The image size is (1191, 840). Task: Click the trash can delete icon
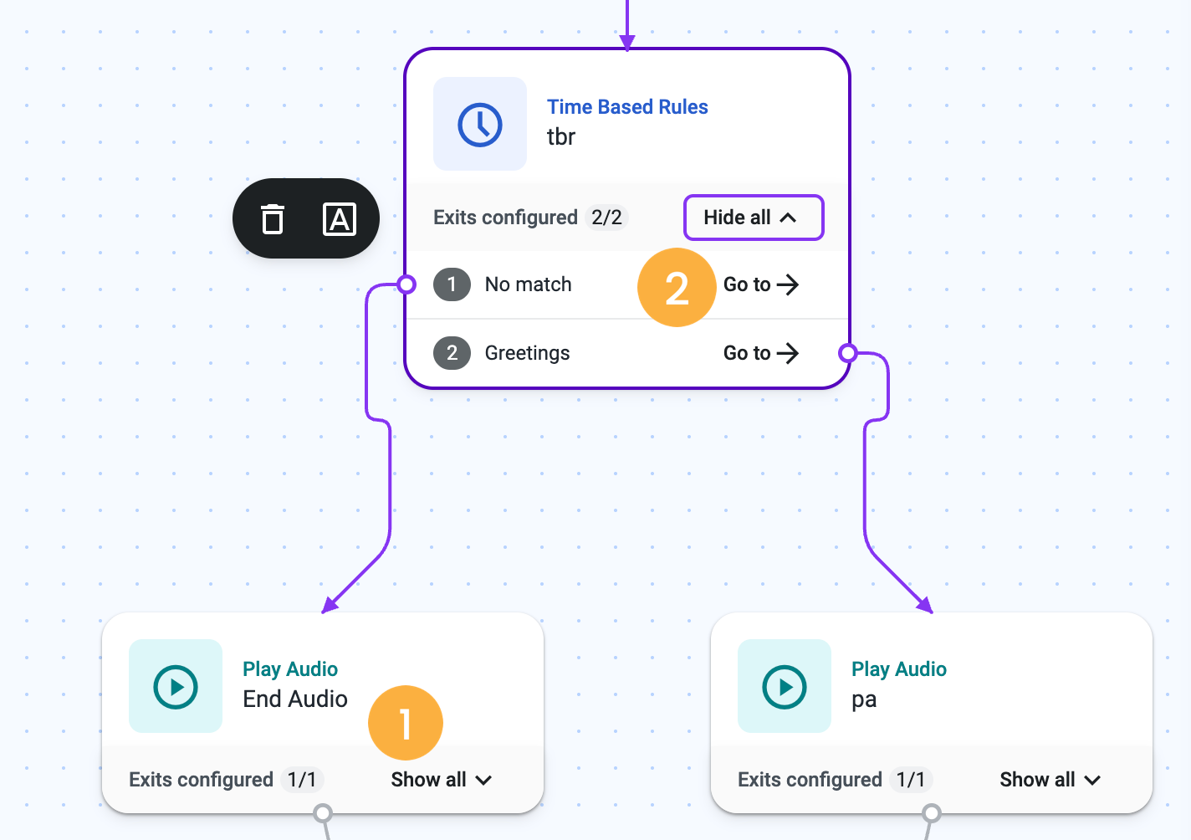pyautogui.click(x=273, y=218)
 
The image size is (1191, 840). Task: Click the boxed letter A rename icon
pyautogui.click(x=340, y=218)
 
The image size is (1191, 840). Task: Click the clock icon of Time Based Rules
pyautogui.click(x=479, y=125)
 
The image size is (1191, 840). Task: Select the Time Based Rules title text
pyautogui.click(x=627, y=107)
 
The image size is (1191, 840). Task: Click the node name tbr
pyautogui.click(x=561, y=136)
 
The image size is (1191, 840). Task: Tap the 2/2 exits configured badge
pyautogui.click(x=606, y=218)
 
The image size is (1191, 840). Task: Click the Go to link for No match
pyautogui.click(x=761, y=284)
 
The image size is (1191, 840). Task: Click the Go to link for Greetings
pyautogui.click(x=761, y=353)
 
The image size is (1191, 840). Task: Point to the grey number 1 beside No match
pyautogui.click(x=452, y=284)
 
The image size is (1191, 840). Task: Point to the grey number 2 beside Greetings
pyautogui.click(x=452, y=353)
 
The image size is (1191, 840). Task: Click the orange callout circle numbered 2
pyautogui.click(x=677, y=287)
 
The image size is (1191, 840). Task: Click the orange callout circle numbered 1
pyautogui.click(x=405, y=723)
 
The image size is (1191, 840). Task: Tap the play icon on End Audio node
pyautogui.click(x=176, y=687)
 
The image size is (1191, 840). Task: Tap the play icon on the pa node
pyautogui.click(x=785, y=687)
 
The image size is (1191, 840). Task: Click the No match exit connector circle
pyautogui.click(x=406, y=284)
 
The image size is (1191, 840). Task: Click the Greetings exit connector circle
pyautogui.click(x=848, y=353)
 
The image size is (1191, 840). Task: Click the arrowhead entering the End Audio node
pyautogui.click(x=330, y=606)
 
